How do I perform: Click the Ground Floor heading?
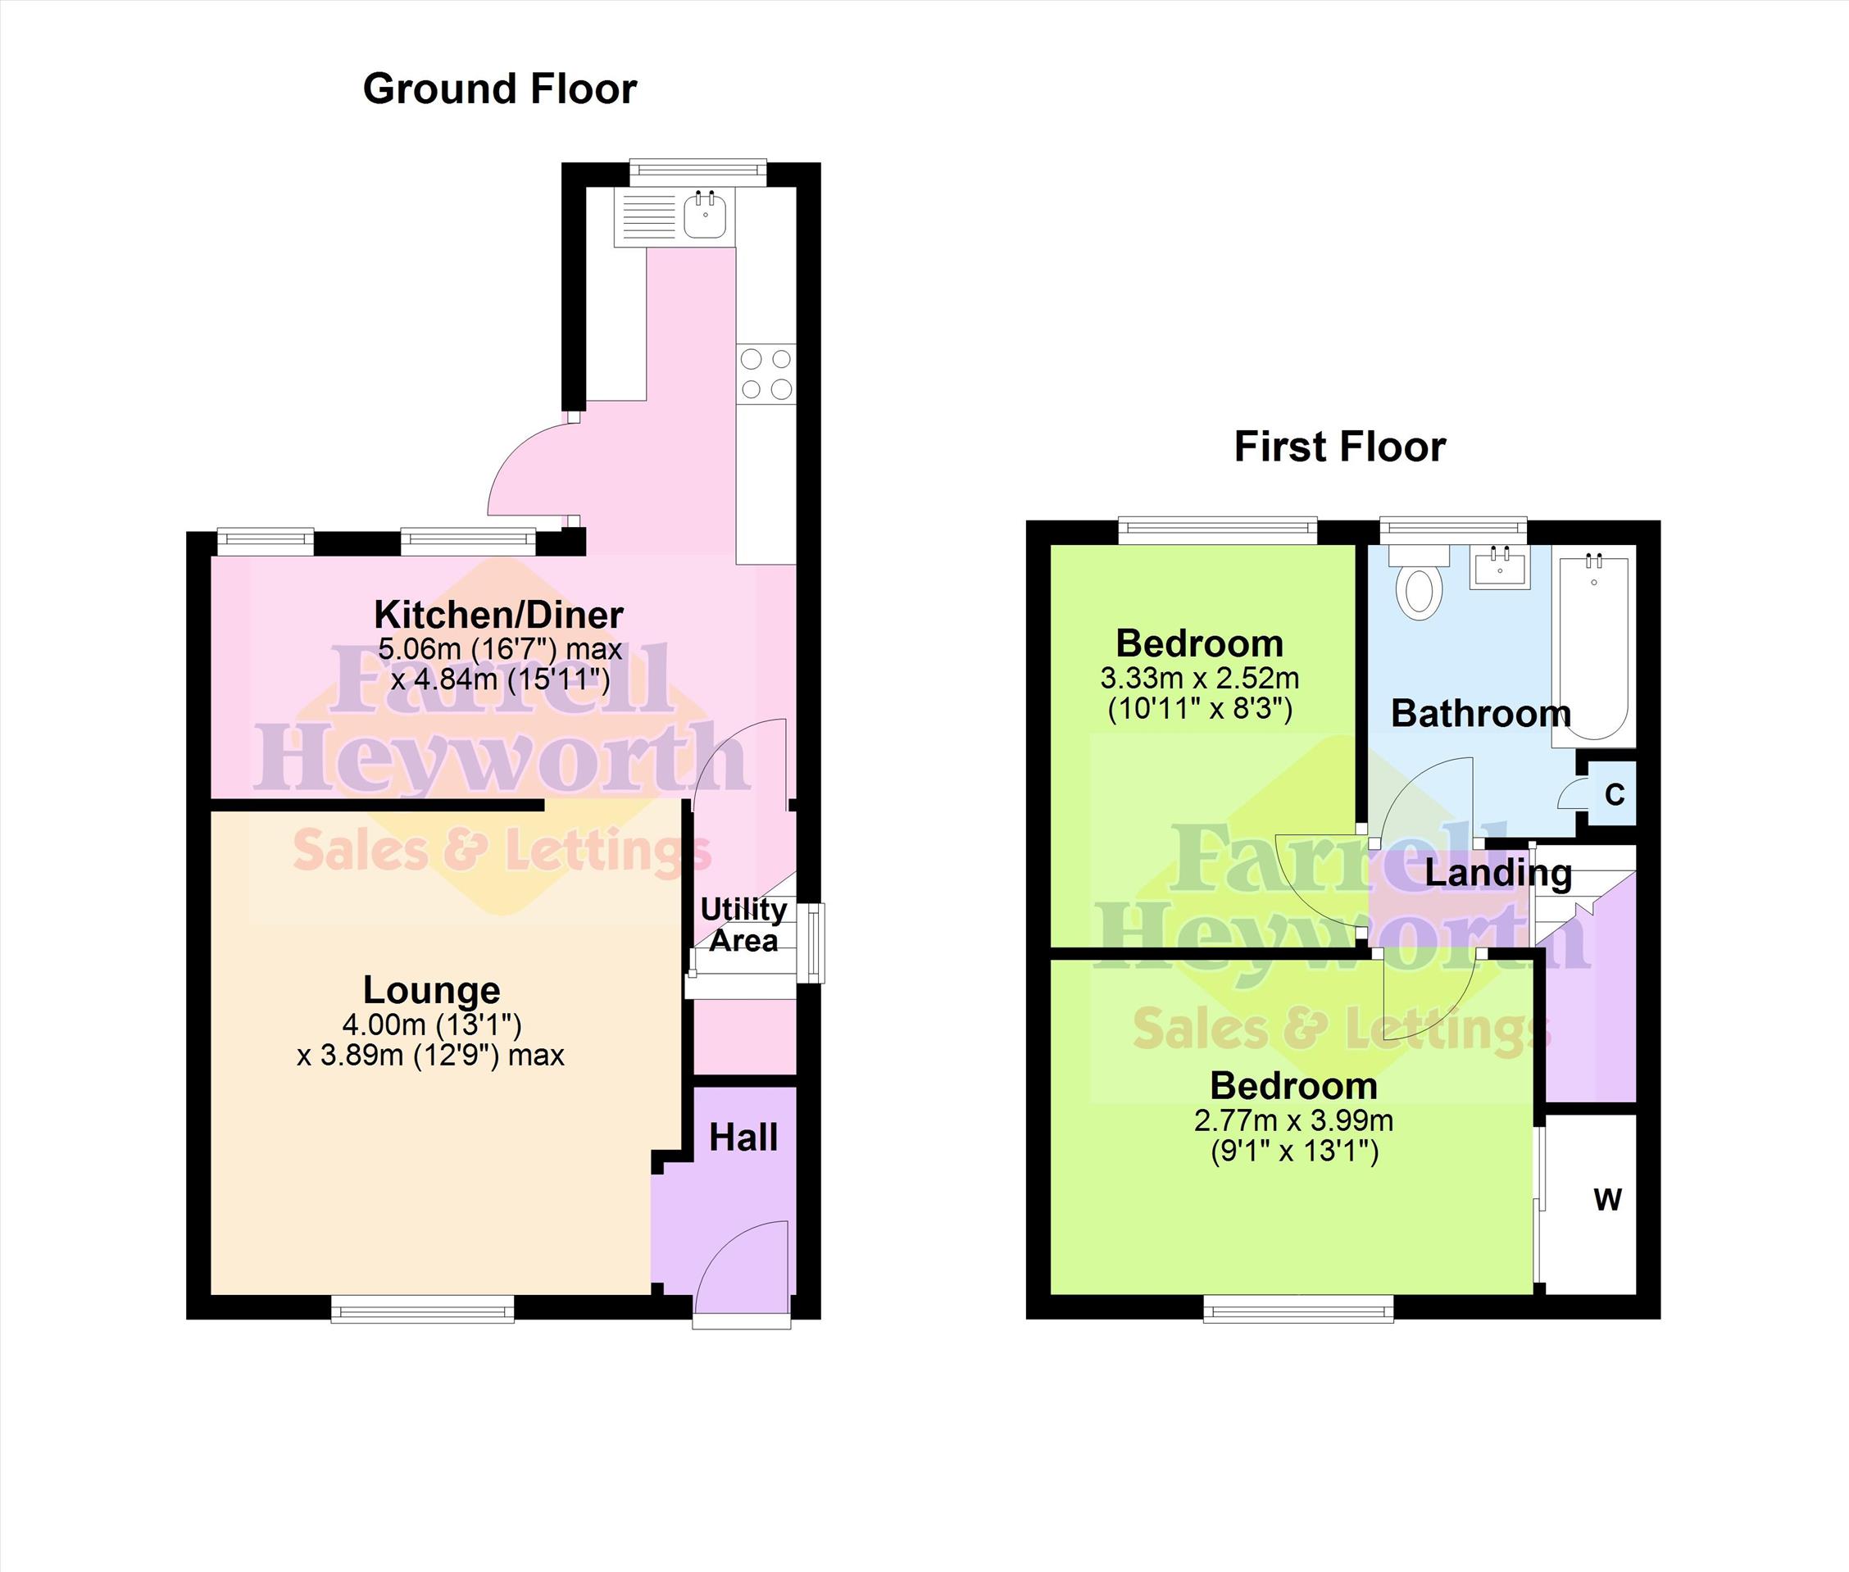point(500,89)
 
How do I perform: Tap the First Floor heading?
point(1339,447)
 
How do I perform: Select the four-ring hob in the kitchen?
point(766,374)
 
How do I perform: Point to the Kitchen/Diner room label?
point(499,615)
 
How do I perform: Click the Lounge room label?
point(431,990)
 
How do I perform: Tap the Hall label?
point(743,1138)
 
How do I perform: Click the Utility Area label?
point(743,925)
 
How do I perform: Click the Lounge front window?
point(422,1307)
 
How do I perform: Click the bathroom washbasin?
point(1500,567)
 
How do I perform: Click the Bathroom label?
point(1481,713)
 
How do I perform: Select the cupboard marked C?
point(1613,793)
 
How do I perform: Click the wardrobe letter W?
point(1607,1201)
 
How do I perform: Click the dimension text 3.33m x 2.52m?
point(1199,678)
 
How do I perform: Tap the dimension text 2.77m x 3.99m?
point(1294,1120)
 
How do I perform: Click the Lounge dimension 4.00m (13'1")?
point(431,1025)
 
